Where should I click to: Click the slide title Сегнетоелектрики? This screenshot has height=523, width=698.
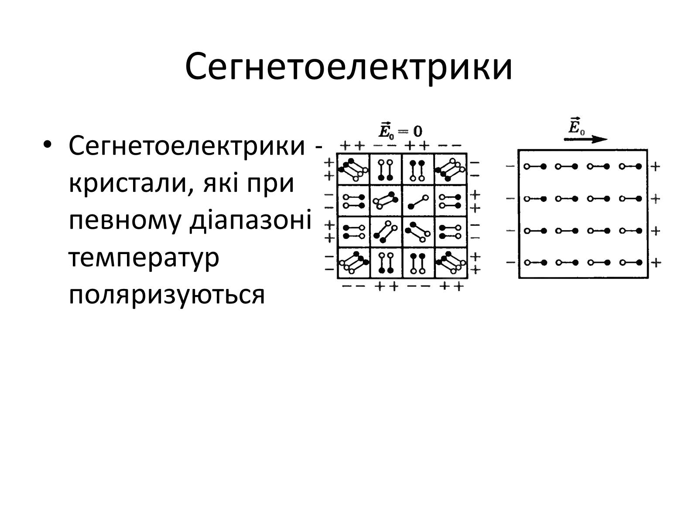click(349, 67)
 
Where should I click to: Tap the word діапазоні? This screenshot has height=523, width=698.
click(250, 221)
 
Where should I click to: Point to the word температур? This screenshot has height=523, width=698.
click(144, 258)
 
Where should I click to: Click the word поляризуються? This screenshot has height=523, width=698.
click(167, 295)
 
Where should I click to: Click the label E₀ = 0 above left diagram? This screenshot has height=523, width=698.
click(400, 130)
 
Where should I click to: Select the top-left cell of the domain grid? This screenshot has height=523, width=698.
click(353, 169)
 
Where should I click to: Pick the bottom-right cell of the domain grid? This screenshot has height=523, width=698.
click(451, 263)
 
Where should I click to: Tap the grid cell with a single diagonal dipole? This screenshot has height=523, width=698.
click(418, 201)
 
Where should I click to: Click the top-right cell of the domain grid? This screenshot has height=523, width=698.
click(451, 169)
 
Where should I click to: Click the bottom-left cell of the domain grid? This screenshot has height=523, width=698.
click(353, 263)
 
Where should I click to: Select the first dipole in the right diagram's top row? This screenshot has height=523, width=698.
click(535, 166)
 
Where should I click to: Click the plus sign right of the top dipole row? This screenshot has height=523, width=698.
click(655, 166)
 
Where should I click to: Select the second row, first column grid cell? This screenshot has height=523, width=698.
click(353, 201)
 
